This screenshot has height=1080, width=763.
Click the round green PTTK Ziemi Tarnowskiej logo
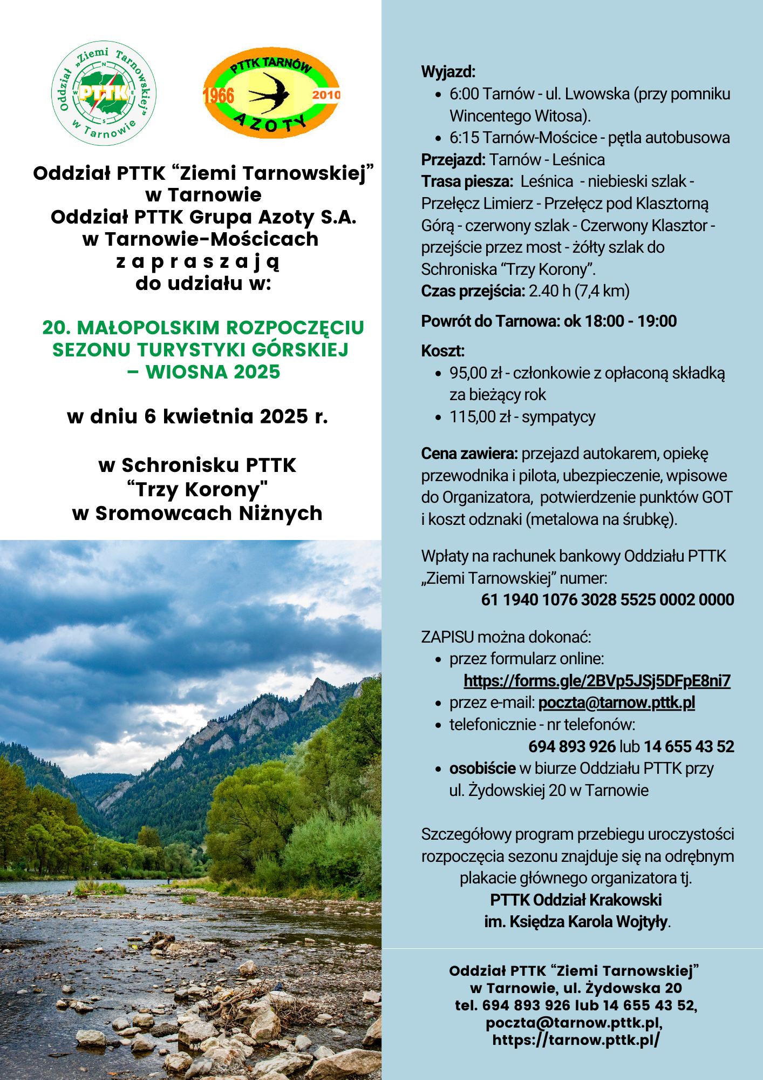104,93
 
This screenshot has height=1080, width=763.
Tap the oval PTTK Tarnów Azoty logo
271,93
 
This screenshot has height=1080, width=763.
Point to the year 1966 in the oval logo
219,96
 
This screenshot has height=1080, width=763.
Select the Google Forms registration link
597,681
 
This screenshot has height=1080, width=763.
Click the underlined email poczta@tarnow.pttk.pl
616,703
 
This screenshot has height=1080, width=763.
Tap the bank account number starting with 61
607,600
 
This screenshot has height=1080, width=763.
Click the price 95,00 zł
475,373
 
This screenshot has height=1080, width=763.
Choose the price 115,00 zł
480,417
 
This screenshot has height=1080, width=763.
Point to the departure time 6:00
464,94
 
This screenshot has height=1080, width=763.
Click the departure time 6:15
464,138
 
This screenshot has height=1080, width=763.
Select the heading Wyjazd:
448,72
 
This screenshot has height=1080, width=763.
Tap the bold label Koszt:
442,351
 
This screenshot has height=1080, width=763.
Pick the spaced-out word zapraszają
198,262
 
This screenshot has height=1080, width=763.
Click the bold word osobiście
482,768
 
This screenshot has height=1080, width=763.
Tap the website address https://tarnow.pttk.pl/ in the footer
576,1040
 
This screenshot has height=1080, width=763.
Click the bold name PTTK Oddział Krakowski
576,900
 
